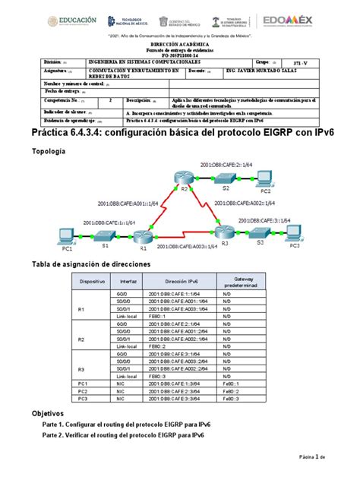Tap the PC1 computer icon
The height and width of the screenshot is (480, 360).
67,235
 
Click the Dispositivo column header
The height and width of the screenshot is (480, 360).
90,279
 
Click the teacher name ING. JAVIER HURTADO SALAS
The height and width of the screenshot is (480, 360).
256,74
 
